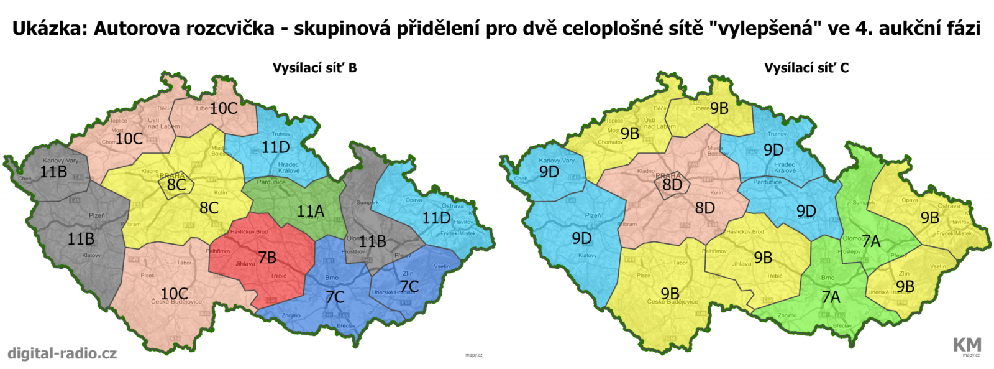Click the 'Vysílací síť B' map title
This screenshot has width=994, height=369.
click(x=314, y=68)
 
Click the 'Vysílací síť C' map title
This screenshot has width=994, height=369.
click(x=806, y=68)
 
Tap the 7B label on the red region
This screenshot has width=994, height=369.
click(x=267, y=258)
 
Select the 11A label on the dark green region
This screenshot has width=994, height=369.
click(x=311, y=211)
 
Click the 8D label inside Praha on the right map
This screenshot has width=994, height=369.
click(x=672, y=184)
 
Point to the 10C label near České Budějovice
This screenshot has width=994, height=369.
click(x=174, y=293)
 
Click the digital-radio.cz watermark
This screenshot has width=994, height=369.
click(x=62, y=353)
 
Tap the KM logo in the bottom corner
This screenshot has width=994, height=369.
click(x=967, y=345)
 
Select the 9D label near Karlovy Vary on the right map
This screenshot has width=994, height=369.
click(x=549, y=172)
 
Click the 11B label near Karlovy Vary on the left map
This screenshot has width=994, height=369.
click(x=53, y=172)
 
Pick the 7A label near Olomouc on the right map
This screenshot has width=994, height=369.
click(x=871, y=241)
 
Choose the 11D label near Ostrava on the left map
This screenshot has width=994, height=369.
click(x=436, y=218)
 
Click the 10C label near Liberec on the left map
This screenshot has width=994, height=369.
click(x=224, y=108)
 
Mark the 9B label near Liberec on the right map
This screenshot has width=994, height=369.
click(x=719, y=108)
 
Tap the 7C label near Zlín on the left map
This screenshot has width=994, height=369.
click(x=409, y=286)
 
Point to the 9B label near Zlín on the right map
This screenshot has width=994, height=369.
click(x=905, y=286)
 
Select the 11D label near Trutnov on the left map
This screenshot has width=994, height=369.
click(x=275, y=147)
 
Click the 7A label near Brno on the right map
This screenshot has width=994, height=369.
click(x=831, y=297)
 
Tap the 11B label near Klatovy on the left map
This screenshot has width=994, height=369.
click(x=81, y=238)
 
